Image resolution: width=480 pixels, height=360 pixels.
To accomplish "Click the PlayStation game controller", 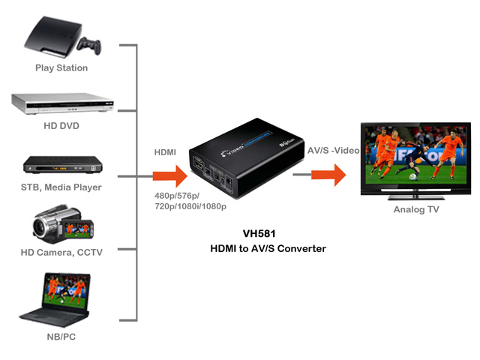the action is (89, 45).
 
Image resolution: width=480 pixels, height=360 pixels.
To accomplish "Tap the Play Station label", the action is (61, 68).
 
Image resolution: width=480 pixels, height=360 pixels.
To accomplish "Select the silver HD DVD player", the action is (63, 103).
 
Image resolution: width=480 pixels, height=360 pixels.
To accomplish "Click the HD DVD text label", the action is (61, 125).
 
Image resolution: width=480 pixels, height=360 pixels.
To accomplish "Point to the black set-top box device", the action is (63, 165).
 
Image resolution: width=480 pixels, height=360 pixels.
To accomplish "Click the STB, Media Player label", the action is (61, 187).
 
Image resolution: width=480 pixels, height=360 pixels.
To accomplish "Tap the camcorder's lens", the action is (40, 226).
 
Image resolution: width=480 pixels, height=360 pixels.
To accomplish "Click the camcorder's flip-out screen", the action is (78, 229).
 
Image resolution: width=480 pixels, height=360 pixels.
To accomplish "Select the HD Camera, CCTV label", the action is (61, 252).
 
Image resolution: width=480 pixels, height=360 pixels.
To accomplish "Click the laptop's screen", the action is (67, 292).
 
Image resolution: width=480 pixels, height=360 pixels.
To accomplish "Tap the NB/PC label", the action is (61, 337).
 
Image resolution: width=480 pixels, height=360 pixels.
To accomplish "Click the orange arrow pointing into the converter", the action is (170, 176).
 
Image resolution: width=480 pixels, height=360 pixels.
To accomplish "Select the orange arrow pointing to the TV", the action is (328, 175).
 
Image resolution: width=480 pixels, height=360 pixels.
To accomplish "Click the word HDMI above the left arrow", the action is (165, 152).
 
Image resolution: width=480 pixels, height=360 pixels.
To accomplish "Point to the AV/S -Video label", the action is (333, 150).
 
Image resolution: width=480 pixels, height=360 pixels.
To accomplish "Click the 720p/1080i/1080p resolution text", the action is (190, 206).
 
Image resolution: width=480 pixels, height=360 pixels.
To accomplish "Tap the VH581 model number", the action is (259, 233).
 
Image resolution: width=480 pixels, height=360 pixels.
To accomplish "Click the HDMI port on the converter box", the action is (199, 165).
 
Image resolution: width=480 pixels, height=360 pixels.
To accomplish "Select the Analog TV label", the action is (416, 209).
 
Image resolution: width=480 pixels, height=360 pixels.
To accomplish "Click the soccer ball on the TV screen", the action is (413, 176).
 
